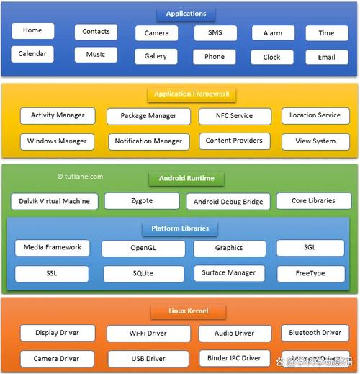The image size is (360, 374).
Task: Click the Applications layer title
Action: (186, 14)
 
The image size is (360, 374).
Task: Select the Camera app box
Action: (156, 33)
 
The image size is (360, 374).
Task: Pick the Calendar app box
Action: (32, 54)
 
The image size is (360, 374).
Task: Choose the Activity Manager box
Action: (58, 115)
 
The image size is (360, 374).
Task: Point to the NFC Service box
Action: (235, 116)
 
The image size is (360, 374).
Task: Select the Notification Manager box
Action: (148, 141)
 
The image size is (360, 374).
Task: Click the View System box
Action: (315, 141)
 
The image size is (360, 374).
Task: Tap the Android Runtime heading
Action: (186, 178)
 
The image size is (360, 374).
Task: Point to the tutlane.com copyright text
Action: (80, 176)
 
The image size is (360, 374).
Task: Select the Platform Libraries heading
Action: (180, 228)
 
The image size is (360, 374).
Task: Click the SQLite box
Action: (143, 274)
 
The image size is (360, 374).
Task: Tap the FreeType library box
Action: (310, 274)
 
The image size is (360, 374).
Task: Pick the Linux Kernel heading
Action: (188, 311)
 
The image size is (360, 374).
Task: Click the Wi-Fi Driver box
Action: (148, 334)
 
